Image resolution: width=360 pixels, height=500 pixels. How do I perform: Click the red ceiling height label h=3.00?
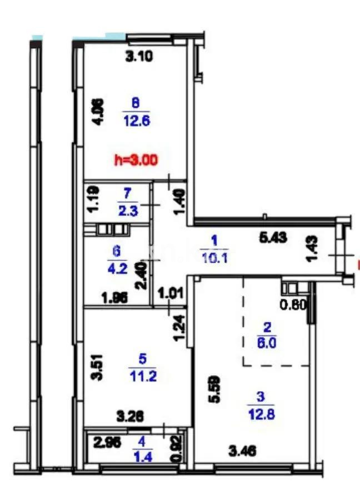click(136, 160)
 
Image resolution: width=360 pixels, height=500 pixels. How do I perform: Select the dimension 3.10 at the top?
click(139, 56)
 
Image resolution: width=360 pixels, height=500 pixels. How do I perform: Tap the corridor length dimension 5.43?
click(273, 237)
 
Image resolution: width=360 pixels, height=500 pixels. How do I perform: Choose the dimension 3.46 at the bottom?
click(243, 452)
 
